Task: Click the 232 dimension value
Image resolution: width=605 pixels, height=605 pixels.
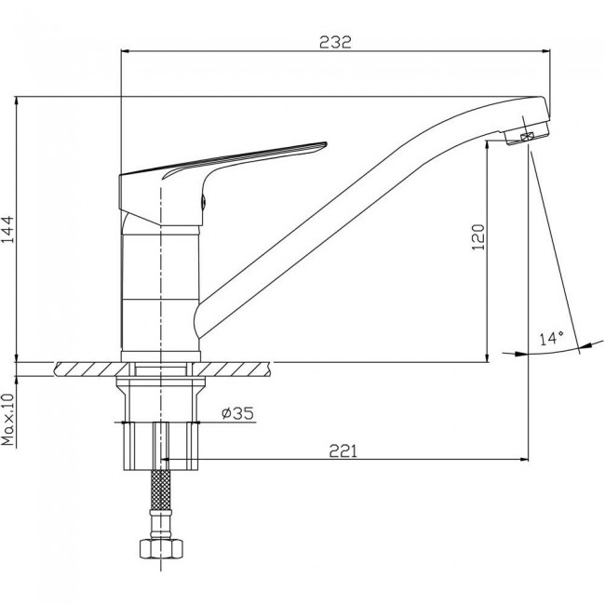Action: point(335,42)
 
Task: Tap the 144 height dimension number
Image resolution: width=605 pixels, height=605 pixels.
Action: point(8,230)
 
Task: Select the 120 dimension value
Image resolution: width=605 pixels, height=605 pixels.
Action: point(478,237)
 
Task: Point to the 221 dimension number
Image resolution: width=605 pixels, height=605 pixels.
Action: point(343,450)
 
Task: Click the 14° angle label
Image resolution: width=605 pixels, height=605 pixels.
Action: point(551,339)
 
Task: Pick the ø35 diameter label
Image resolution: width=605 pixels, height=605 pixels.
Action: point(238,413)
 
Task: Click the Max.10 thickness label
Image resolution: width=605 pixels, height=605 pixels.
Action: point(7,420)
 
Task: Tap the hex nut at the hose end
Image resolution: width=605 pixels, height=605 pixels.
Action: point(161,548)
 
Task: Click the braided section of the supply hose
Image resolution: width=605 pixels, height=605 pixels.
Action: point(161,490)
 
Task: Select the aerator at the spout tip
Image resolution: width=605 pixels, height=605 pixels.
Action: point(527,134)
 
